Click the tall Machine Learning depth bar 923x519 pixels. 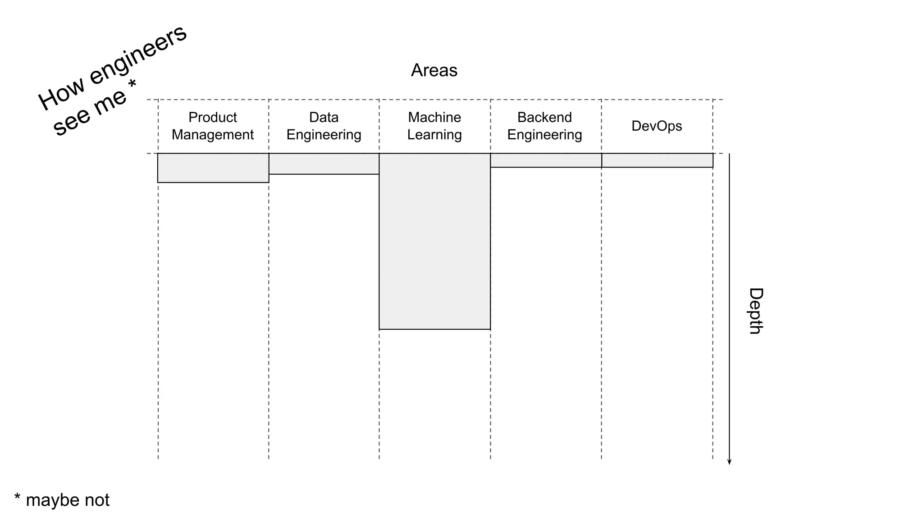434,241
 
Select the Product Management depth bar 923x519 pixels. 213,168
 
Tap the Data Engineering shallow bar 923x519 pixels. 324,164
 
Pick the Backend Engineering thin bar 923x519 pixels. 546,160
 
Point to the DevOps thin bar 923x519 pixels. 657,160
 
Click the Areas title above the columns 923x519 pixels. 434,70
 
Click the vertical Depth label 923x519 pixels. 755,311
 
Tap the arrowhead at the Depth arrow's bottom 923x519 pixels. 729,462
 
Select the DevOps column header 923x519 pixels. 657,126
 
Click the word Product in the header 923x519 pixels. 212,117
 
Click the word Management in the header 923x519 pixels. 212,135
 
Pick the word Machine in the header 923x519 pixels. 434,117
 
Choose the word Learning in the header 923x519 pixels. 434,135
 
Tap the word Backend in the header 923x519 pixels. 544,117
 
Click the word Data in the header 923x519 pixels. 324,117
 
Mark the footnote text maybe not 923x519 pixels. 68,500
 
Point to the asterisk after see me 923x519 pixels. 132,84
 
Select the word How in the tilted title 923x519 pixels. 61,95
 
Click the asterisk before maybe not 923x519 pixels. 17,497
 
